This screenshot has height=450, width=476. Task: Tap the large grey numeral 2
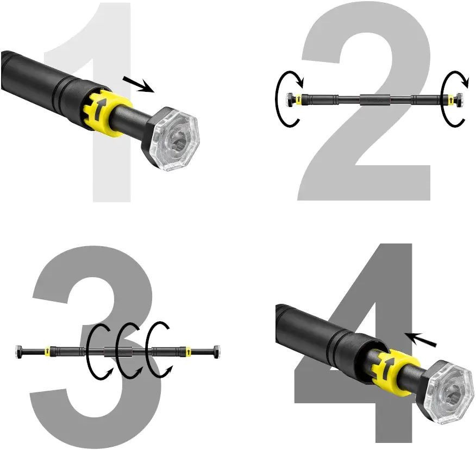pyautogui.click(x=364, y=182)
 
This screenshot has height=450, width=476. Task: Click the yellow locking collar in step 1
pyautogui.click(x=107, y=112)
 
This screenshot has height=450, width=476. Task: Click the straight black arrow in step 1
pyautogui.click(x=139, y=84)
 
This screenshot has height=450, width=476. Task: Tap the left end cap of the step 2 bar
pyautogui.click(x=289, y=99)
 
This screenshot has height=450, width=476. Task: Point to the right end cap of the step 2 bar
pyautogui.click(x=460, y=99)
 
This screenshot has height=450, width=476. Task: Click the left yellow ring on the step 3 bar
pyautogui.click(x=47, y=351)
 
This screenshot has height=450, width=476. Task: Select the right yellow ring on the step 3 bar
pyautogui.click(x=188, y=351)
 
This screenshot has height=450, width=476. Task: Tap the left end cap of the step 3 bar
pyautogui.click(x=18, y=352)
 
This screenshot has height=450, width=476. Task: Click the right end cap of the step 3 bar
pyautogui.click(x=217, y=352)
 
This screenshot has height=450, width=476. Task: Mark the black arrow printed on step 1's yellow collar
pyautogui.click(x=99, y=108)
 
